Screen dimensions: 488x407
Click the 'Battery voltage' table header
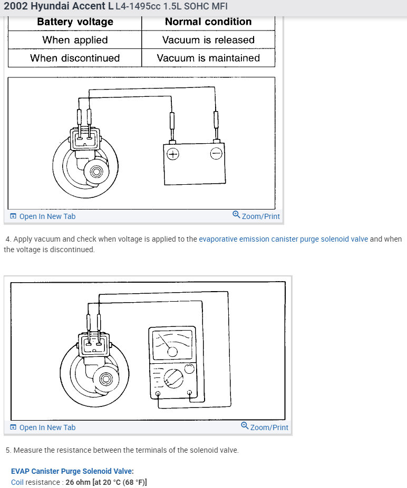(75, 22)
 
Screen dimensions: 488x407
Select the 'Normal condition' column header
(208, 22)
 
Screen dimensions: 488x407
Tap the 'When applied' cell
(75, 40)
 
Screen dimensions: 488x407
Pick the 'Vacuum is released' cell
(208, 40)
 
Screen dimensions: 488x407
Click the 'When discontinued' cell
(75, 58)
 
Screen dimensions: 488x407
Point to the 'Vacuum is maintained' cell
(208, 58)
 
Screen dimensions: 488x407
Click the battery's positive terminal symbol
(173, 154)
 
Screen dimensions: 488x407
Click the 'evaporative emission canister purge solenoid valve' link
(283, 239)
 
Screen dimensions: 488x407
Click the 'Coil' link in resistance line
(17, 482)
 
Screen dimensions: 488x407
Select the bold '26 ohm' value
(77, 482)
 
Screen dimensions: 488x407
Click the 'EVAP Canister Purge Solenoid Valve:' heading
(72, 471)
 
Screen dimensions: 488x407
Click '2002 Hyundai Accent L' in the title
(58, 7)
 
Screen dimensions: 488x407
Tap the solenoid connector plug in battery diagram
(85, 137)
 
